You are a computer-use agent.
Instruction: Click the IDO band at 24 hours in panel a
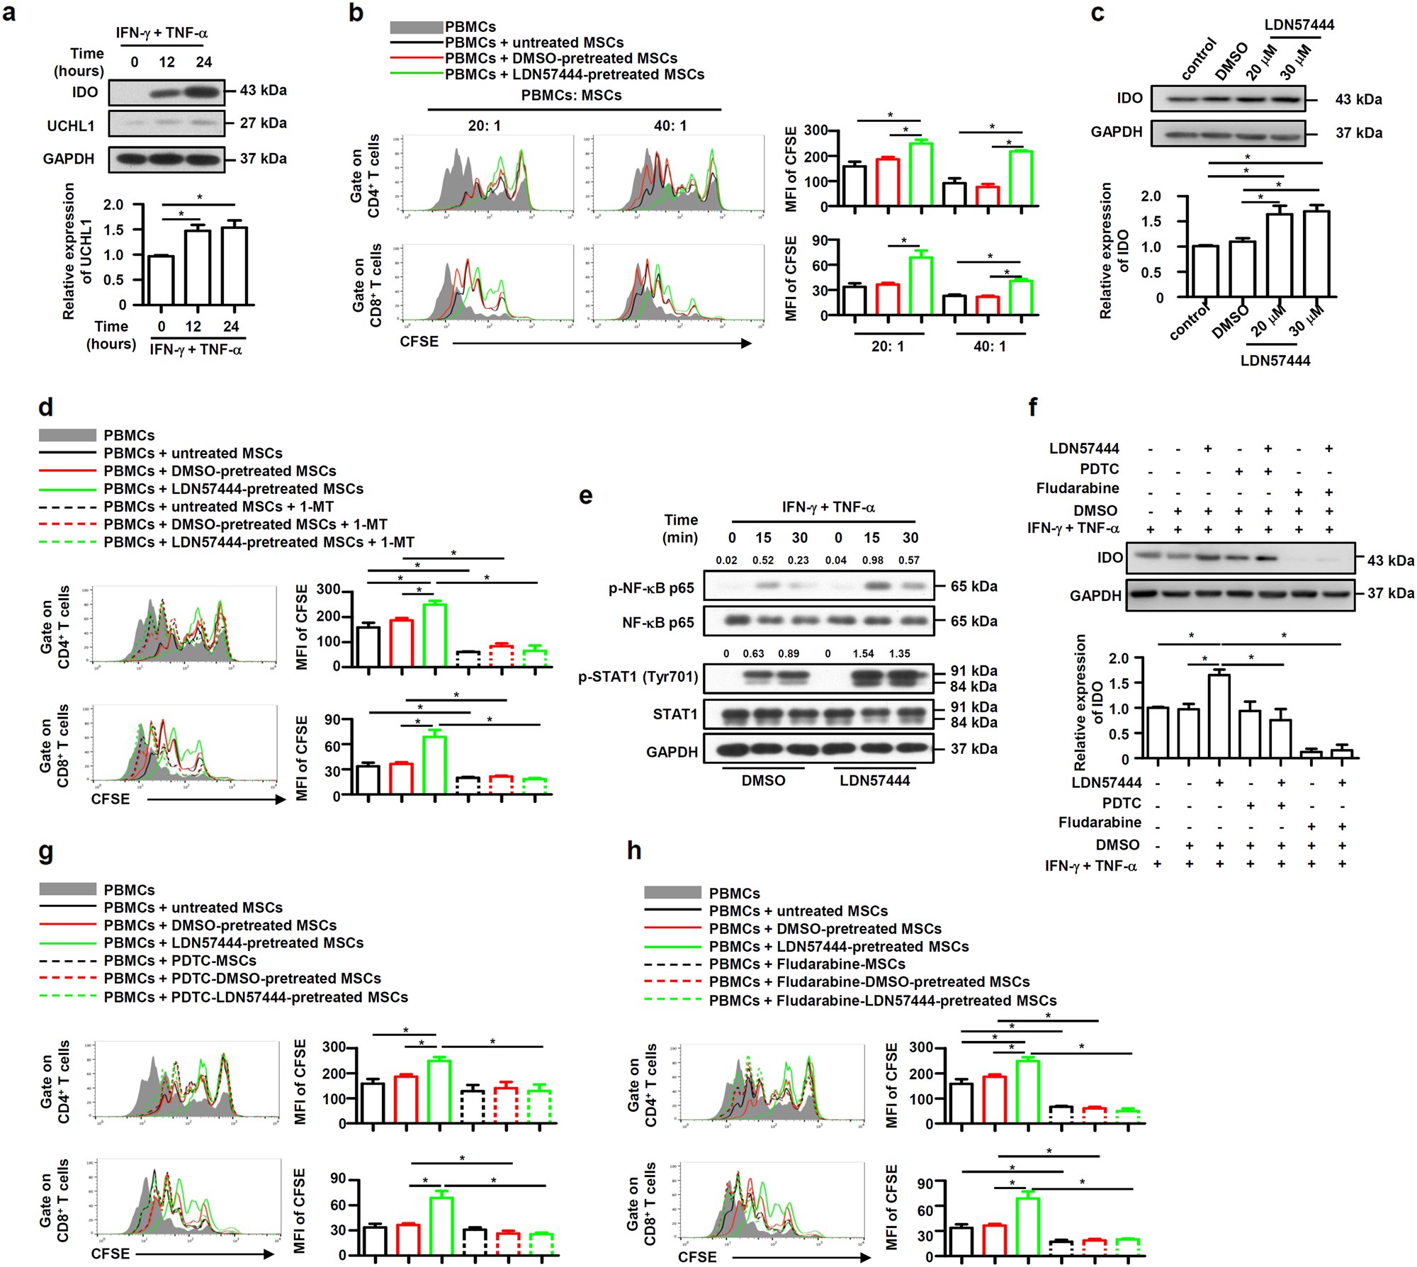[204, 91]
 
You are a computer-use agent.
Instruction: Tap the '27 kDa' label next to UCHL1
[263, 123]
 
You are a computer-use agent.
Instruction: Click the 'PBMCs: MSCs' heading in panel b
[571, 95]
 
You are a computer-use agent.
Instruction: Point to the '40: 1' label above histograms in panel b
[670, 125]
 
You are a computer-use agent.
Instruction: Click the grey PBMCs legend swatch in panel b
[416, 27]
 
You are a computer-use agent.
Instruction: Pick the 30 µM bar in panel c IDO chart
[1316, 253]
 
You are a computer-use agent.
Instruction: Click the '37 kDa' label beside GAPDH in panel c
[1358, 133]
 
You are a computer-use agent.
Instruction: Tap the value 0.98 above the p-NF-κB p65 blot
[872, 560]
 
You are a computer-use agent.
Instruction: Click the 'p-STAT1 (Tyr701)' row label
[638, 677]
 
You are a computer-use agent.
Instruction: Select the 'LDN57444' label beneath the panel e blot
[874, 780]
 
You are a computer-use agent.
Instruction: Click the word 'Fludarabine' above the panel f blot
[1077, 488]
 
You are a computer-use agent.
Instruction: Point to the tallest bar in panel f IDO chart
[1219, 716]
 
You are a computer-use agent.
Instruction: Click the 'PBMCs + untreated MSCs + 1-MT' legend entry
[218, 507]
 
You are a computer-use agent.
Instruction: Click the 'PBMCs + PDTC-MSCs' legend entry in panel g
[179, 961]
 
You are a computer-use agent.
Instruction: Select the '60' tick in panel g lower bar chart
[338, 1205]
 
